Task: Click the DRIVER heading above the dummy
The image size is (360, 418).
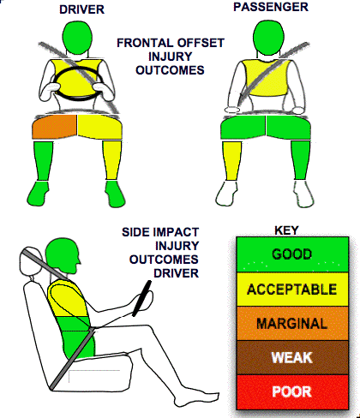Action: [81, 9]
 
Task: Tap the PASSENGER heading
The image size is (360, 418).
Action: [271, 7]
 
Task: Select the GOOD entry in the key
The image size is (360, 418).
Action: [292, 254]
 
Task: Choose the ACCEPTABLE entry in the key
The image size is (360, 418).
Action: [292, 290]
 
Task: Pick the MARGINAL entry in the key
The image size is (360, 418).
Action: [292, 324]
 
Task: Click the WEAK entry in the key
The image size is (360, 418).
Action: [292, 357]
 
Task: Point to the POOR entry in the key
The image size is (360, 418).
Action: [292, 391]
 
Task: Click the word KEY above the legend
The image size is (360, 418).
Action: [286, 230]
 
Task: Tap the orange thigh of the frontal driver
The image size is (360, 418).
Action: [55, 127]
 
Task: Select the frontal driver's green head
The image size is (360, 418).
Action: [77, 38]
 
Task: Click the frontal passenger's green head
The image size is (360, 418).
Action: [268, 37]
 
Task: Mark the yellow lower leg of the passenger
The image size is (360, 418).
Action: [231, 161]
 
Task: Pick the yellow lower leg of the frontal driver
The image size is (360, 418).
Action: [112, 160]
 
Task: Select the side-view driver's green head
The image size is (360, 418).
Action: [62, 254]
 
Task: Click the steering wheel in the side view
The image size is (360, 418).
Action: [142, 299]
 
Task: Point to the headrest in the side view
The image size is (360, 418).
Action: [28, 262]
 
